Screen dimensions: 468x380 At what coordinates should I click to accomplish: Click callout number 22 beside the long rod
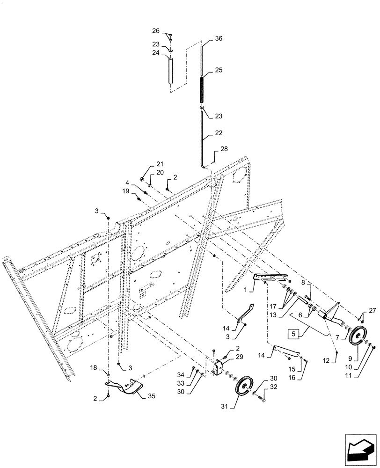[219, 133]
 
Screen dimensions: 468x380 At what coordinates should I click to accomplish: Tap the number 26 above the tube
[156, 31]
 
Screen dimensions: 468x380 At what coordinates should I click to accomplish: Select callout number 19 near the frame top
[125, 191]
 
